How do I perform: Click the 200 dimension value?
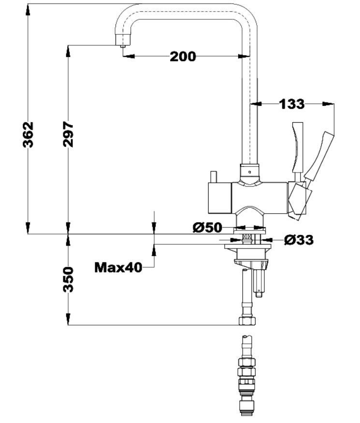coord(183,57)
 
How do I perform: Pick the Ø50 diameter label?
coord(207,228)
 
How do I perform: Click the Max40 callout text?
coord(118,267)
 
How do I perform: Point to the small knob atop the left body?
coord(213,176)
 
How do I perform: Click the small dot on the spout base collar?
coord(249,171)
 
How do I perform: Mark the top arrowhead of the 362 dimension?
coord(28,9)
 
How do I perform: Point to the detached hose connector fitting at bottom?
coord(248,377)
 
